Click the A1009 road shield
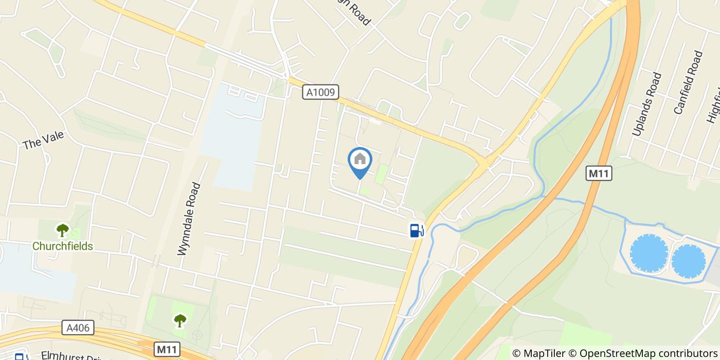click(320, 93)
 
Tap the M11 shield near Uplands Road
click(599, 173)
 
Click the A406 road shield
click(78, 328)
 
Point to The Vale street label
click(43, 140)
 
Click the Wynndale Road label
click(189, 219)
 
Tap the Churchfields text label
click(63, 246)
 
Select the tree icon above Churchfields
click(63, 230)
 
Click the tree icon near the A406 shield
click(179, 321)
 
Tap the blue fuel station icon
click(417, 230)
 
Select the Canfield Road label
click(688, 82)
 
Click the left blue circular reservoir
click(649, 253)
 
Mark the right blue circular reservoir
click(688, 261)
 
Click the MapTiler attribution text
click(539, 353)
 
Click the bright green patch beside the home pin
click(381, 174)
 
